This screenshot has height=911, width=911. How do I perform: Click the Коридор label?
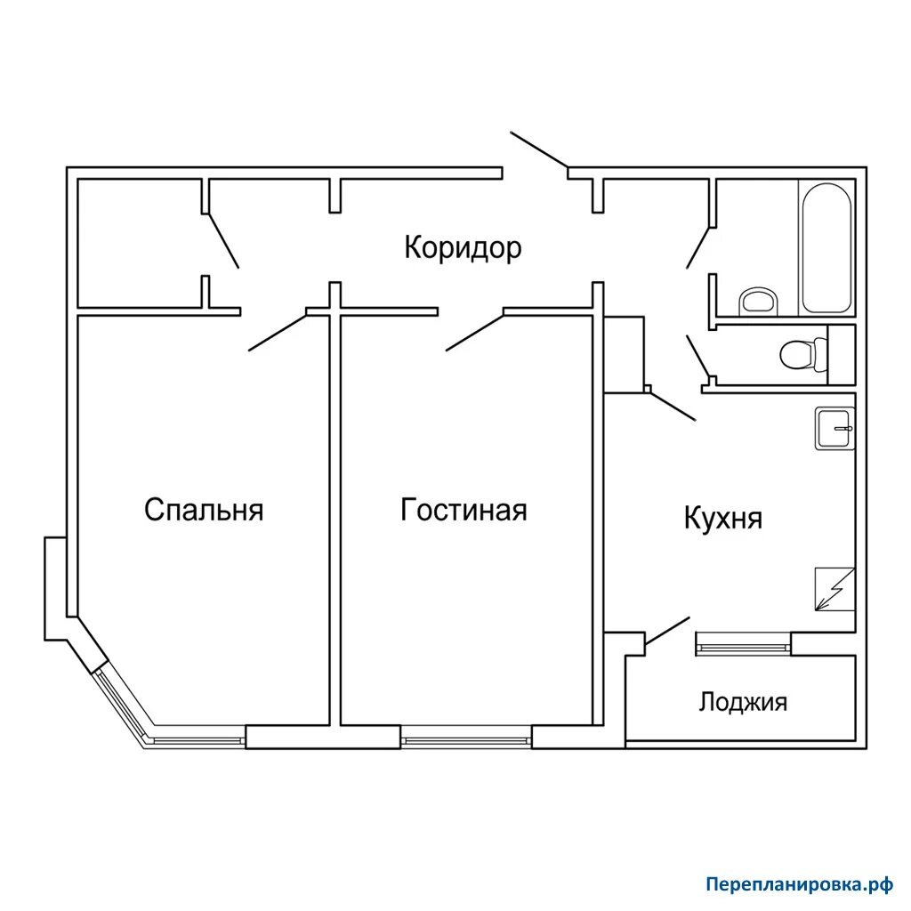pos(463,248)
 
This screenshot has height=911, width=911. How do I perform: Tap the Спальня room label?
pos(204,510)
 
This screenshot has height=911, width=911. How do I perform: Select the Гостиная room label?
pos(464,510)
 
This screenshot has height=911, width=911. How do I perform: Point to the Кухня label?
pos(722,518)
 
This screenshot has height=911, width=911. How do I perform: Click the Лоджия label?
pos(743,703)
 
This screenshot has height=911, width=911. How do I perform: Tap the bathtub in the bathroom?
pos(826,248)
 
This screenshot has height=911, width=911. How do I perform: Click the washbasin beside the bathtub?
pos(758,301)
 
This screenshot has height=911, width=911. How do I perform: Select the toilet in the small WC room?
pos(803,354)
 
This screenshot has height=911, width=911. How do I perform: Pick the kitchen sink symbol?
pos(834,428)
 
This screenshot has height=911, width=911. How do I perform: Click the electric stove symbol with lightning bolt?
pos(834,589)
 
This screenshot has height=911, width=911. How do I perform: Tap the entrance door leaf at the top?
pos(539,149)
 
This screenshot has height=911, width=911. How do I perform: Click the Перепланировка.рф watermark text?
pos(799,884)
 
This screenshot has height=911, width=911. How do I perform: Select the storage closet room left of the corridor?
pos(140,243)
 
